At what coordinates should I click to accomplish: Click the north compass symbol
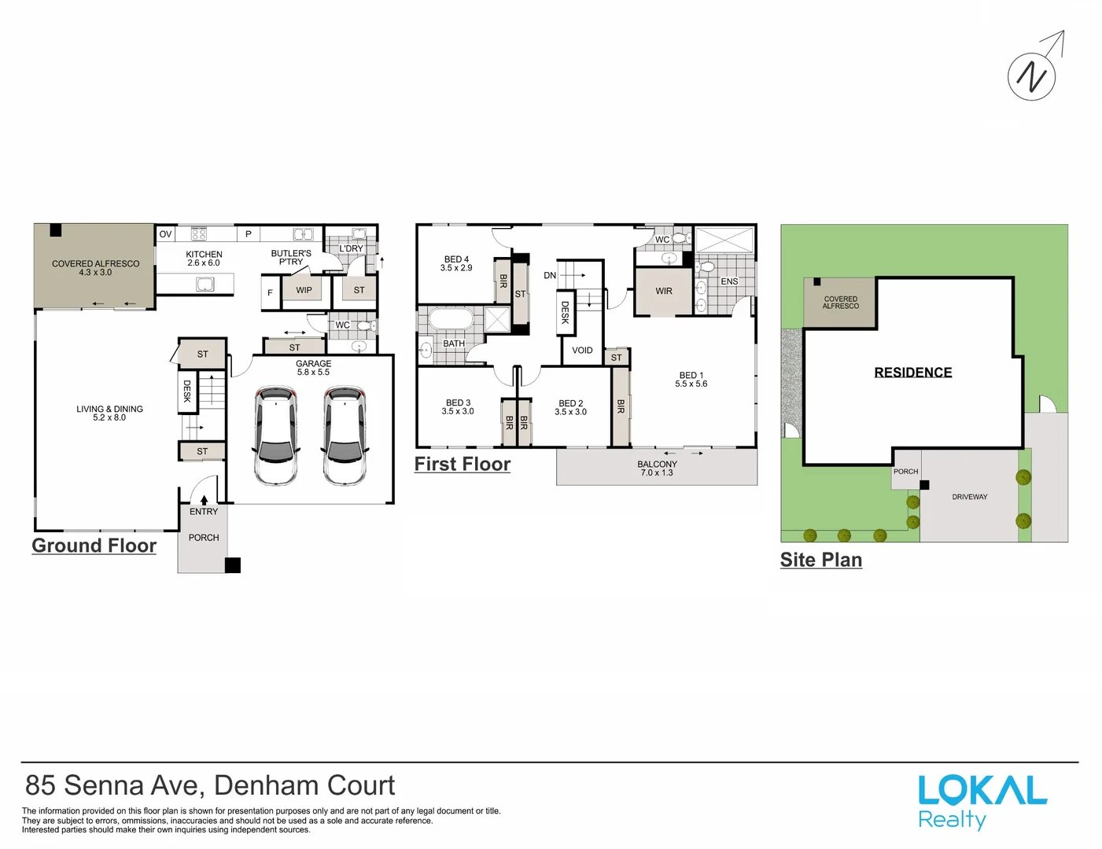(x=1031, y=76)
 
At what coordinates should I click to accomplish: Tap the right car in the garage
(x=345, y=436)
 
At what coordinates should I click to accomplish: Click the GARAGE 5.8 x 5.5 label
(x=313, y=368)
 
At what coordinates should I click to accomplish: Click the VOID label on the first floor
(x=582, y=351)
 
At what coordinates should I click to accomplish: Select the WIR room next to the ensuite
(x=664, y=292)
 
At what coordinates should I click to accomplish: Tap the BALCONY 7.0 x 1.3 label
(x=658, y=469)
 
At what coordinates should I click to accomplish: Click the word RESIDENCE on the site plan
(x=913, y=373)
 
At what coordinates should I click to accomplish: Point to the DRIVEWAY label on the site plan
(x=970, y=497)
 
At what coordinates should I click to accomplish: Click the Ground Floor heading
(x=94, y=546)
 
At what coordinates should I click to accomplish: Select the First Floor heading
(x=463, y=465)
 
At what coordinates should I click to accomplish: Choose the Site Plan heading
(x=821, y=560)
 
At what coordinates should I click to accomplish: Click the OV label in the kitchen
(x=165, y=234)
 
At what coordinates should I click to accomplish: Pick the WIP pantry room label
(x=304, y=290)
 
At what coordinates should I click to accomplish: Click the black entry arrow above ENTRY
(x=204, y=500)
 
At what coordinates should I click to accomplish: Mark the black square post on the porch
(x=233, y=565)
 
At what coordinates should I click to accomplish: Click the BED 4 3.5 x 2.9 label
(x=456, y=263)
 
